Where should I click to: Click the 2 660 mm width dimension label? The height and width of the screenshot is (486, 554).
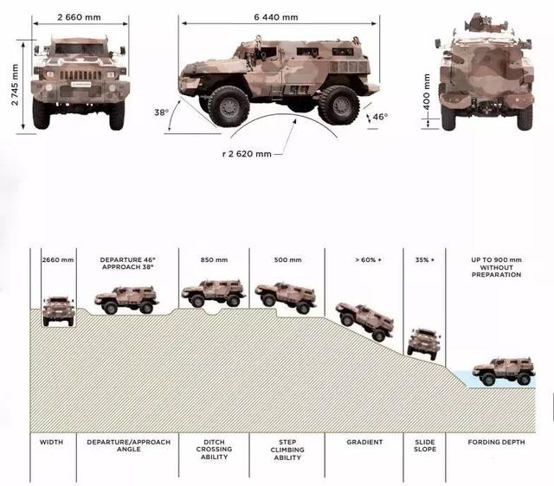(x=79, y=17)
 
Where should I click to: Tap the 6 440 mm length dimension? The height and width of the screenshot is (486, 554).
(x=276, y=17)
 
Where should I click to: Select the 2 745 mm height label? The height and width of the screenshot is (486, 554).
(x=15, y=85)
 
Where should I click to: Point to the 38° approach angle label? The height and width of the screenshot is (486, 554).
(x=162, y=112)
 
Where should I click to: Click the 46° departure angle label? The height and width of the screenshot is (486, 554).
(x=380, y=117)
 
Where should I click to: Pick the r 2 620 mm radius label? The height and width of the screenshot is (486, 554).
(x=247, y=154)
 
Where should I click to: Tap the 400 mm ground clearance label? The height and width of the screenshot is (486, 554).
(x=427, y=93)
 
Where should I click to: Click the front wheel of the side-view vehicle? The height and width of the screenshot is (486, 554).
(x=229, y=106)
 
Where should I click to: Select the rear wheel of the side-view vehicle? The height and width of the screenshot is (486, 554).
(x=338, y=105)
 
